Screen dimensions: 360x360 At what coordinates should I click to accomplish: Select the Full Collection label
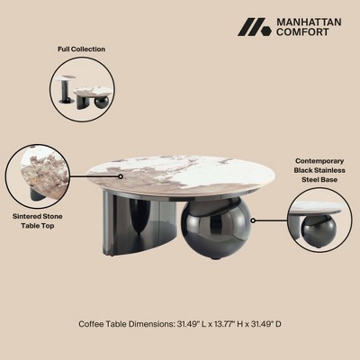point(81,49)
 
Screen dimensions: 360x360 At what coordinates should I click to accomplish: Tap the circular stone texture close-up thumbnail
point(38,177)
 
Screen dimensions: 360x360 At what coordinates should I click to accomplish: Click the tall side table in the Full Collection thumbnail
point(68,89)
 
